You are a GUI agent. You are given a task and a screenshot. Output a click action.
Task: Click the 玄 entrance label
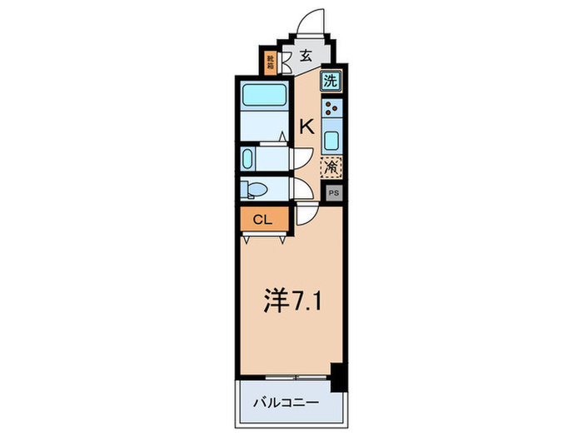click(x=306, y=57)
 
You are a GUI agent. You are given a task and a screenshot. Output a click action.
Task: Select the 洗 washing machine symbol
click(x=331, y=82)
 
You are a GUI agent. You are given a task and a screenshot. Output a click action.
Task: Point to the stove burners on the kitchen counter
click(x=331, y=108)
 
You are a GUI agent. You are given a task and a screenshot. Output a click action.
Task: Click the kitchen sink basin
click(x=331, y=139)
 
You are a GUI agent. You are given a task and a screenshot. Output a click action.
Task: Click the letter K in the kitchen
click(x=306, y=127)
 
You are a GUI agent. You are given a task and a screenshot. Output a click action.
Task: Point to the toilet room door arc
click(x=300, y=190)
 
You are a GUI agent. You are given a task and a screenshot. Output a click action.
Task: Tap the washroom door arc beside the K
click(x=301, y=158)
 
